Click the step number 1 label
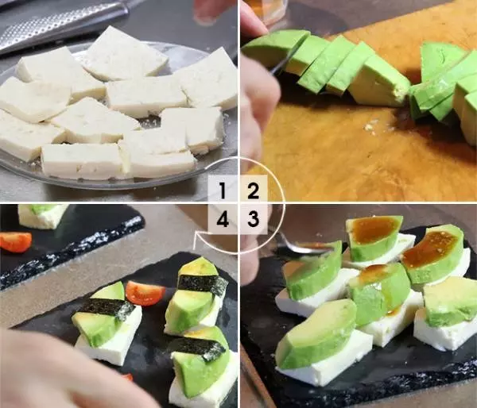[223, 191]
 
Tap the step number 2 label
[253, 191]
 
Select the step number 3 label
[253, 219]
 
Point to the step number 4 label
[223, 219]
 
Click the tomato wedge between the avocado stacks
[145, 293]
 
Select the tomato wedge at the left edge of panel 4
[15, 241]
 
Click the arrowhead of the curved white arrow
[197, 237]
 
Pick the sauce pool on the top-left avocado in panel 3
[373, 229]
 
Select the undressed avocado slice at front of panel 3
[316, 333]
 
